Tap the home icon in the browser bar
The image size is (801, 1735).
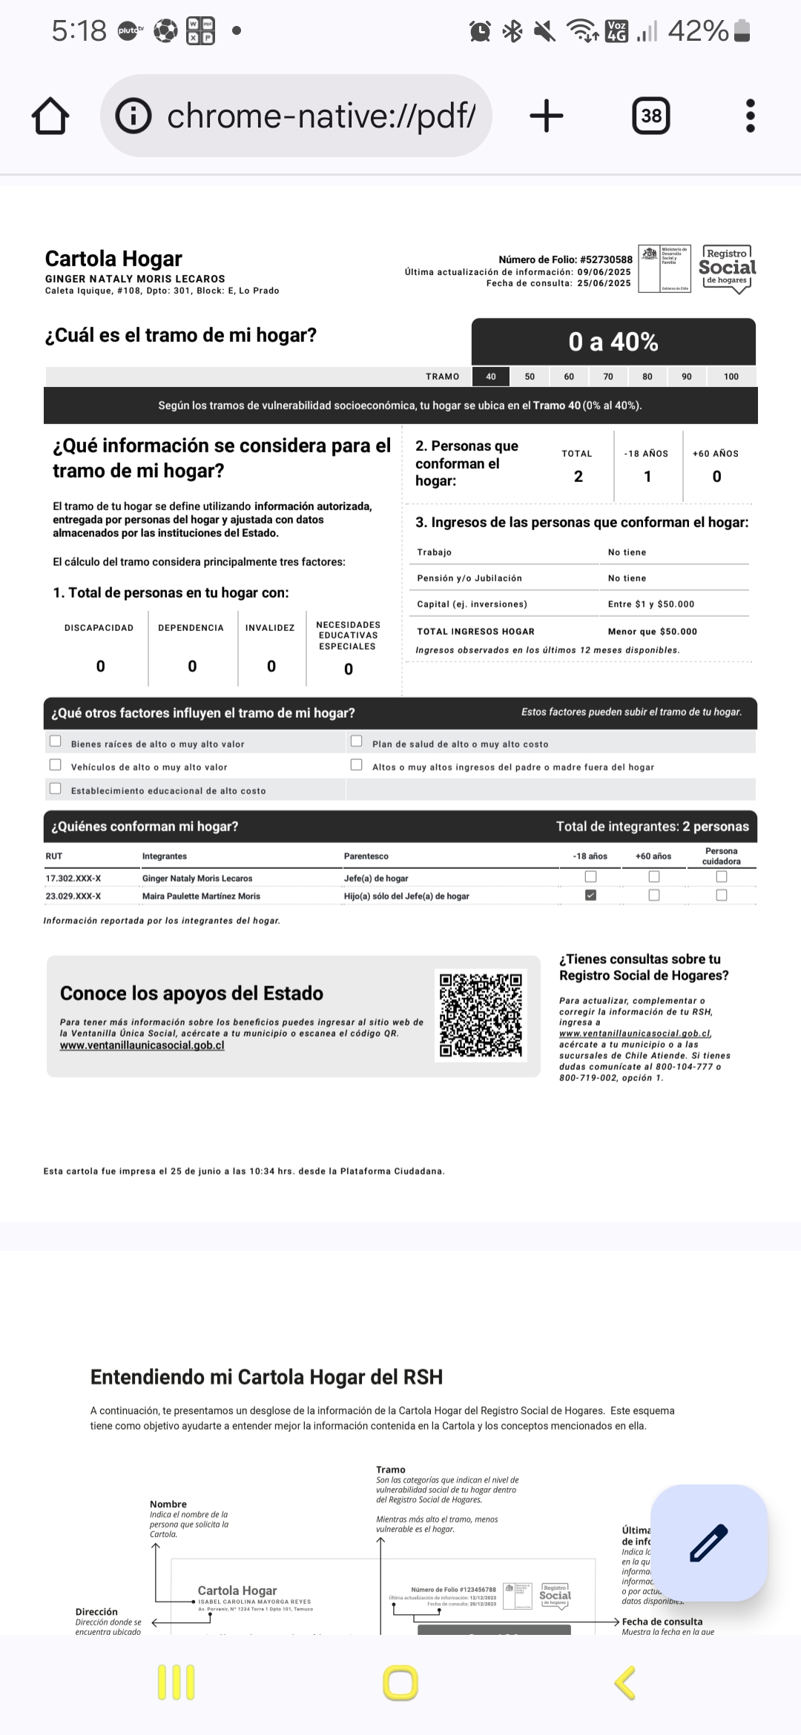pos(50,116)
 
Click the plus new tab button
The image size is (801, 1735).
pos(547,116)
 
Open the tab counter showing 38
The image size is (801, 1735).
pos(651,116)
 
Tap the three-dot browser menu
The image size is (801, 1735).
pos(750,116)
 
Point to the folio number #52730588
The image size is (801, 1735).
pos(606,260)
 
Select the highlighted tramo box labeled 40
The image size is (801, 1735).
pos(491,377)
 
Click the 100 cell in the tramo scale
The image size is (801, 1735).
pos(731,377)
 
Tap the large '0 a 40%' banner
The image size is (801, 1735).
pos(613,342)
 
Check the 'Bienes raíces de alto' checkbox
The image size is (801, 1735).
pos(56,741)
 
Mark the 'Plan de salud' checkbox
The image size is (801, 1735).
pos(357,741)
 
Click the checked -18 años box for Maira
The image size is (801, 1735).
pos(590,895)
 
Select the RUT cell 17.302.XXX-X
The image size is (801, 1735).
pos(73,879)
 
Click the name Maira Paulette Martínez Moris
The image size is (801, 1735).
pos(201,896)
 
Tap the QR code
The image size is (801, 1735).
pos(481,1015)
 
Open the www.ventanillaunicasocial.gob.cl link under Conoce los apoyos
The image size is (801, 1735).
pos(142,1045)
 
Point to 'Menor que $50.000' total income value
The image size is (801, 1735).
pos(653,632)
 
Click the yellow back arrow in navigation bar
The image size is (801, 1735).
pos(625,1682)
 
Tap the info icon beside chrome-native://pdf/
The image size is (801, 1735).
pos(134,116)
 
